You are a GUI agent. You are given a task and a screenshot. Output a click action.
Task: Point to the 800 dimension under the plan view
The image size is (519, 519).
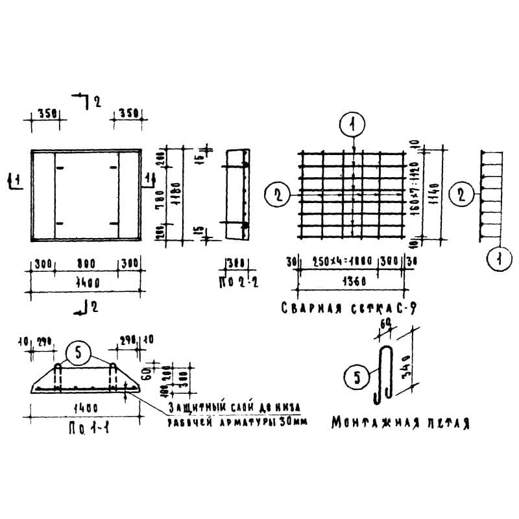coord(86,263)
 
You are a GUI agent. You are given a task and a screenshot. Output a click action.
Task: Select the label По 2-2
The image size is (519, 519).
coord(234,283)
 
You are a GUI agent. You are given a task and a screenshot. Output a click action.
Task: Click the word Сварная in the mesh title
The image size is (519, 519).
coord(306,308)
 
